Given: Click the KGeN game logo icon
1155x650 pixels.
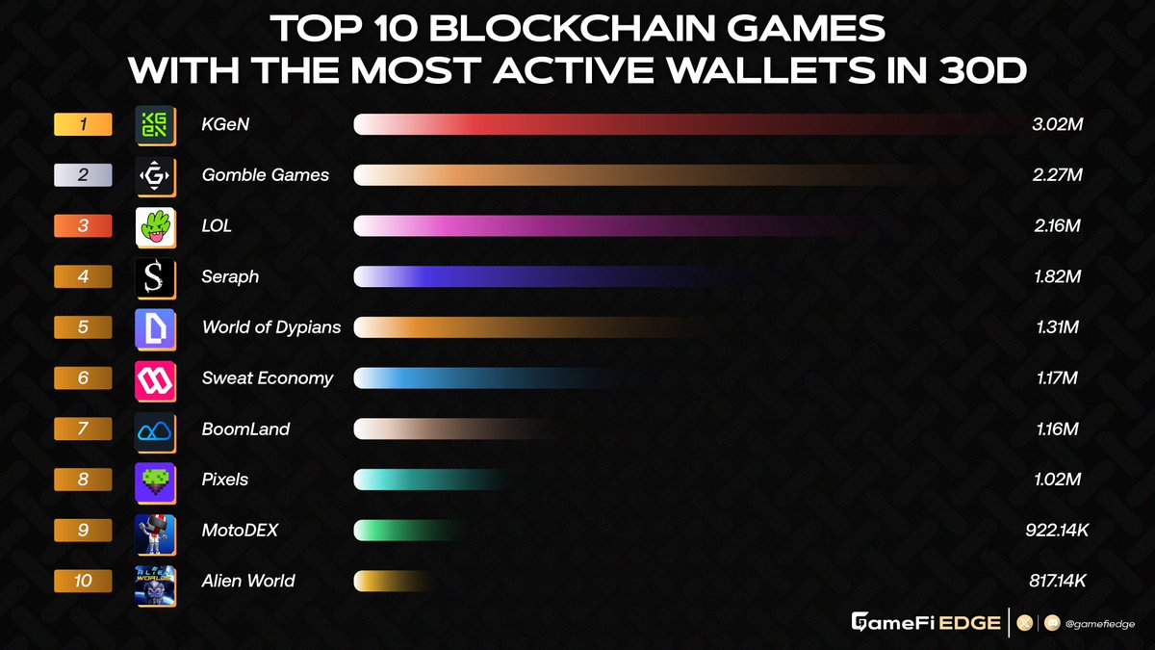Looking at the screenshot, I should [155, 125].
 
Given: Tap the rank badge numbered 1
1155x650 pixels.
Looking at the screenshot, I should [83, 124].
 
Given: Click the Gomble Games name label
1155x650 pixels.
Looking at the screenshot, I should [266, 175].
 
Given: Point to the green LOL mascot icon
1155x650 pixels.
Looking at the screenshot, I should [155, 226].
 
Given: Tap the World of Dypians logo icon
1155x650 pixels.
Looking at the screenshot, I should [155, 328].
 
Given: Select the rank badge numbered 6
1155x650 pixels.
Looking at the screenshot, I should [83, 378].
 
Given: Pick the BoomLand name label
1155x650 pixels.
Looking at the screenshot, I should [246, 429].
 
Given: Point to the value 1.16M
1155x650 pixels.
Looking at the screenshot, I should [1056, 429].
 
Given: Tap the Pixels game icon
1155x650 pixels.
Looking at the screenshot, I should [155, 481].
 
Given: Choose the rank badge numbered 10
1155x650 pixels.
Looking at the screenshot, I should [83, 582].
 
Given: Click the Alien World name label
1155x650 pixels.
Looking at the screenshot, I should [248, 581].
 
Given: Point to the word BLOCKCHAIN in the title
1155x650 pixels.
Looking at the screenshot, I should [579, 28].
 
